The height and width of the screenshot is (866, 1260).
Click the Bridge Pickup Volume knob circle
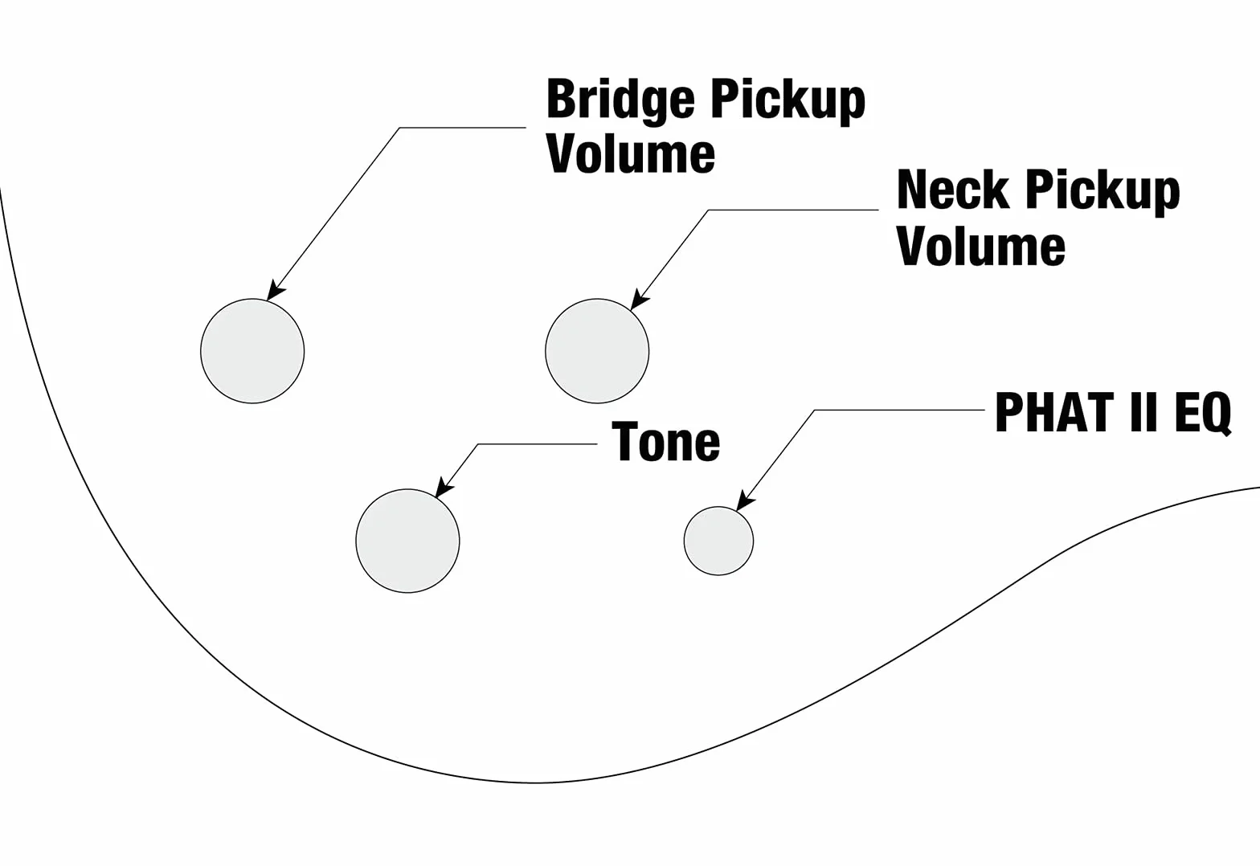[252, 351]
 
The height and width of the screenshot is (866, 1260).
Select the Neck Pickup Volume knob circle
[597, 351]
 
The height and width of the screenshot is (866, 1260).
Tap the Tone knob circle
[408, 541]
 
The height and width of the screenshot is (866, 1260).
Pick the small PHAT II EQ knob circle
[718, 541]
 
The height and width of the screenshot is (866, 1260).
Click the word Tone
[665, 442]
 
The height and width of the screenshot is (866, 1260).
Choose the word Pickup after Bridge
[787, 101]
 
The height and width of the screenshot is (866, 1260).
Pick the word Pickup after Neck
[1102, 192]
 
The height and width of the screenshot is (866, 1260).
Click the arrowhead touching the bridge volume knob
[275, 291]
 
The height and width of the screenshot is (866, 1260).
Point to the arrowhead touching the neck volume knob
[638, 300]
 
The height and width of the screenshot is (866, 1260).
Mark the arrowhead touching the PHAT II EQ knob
[745, 500]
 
